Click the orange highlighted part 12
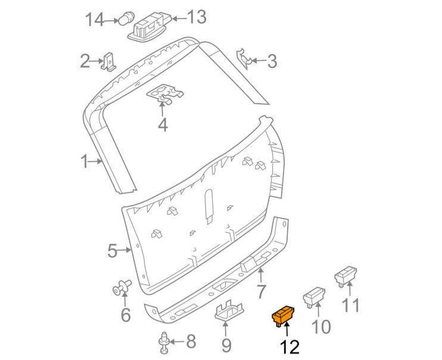tap(283, 315)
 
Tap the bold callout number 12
tap(290, 347)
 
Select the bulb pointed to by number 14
tap(125, 18)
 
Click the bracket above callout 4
tap(164, 94)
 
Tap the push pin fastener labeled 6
tap(122, 287)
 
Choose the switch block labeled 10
tap(314, 297)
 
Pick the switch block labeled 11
tap(345, 277)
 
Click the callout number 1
tap(84, 162)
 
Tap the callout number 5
tap(112, 250)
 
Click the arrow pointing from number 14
tap(111, 21)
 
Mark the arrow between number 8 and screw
tap(177, 342)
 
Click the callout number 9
tap(226, 345)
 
